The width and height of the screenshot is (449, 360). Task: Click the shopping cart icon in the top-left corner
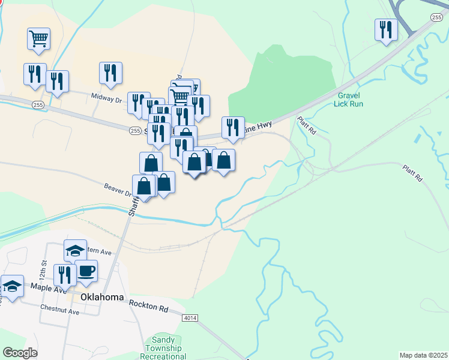[38, 39]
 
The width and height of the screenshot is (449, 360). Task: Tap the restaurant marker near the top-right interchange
[386, 29]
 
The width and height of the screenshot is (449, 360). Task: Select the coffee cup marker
[86, 270]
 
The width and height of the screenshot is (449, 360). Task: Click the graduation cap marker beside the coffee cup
[74, 250]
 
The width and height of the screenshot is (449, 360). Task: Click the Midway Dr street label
[106, 96]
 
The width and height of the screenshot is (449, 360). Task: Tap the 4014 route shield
[190, 317]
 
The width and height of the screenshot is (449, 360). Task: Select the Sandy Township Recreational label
[163, 348]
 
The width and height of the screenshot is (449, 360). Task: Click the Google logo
[20, 352]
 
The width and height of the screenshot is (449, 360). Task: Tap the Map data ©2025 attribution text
[423, 355]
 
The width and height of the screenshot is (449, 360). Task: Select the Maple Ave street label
[53, 289]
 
